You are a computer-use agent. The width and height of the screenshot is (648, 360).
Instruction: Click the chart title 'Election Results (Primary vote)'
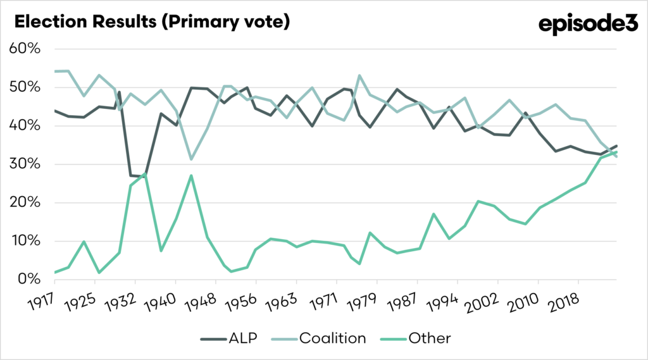coord(152,22)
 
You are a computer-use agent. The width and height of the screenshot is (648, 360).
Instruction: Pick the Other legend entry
coord(417,338)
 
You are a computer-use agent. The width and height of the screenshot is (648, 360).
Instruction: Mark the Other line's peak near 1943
coord(191,175)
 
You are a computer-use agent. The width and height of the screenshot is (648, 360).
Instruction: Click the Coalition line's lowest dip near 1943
coord(191,159)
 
